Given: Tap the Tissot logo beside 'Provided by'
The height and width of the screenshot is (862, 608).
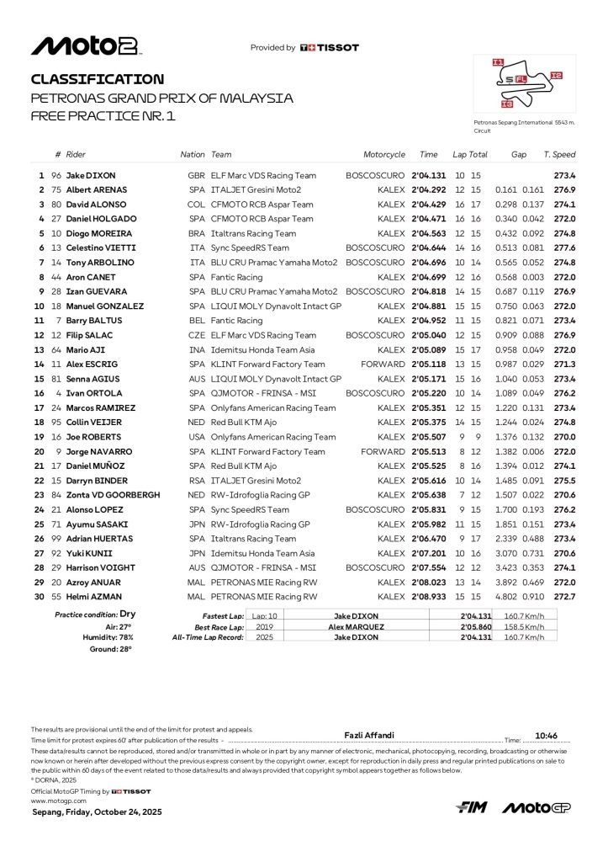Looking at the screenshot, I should pyautogui.click(x=329, y=48).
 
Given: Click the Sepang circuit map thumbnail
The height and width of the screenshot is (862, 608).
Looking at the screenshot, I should pyautogui.click(x=524, y=85).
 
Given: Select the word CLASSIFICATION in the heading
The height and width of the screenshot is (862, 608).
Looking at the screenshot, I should pyautogui.click(x=98, y=79).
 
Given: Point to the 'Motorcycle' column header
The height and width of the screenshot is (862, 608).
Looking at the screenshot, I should pyautogui.click(x=384, y=155).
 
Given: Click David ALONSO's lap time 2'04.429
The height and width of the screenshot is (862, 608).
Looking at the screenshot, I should pyautogui.click(x=429, y=205).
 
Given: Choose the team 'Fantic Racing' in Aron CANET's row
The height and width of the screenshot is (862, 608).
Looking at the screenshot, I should pyautogui.click(x=236, y=277).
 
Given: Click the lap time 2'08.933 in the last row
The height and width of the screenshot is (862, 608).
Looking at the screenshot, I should pyautogui.click(x=429, y=597).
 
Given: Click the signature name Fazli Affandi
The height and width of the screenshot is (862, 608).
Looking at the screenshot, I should pyautogui.click(x=370, y=735).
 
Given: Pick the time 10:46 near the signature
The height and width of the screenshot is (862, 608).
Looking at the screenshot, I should pyautogui.click(x=547, y=735).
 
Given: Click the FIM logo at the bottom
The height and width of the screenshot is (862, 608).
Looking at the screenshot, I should pyautogui.click(x=472, y=807).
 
